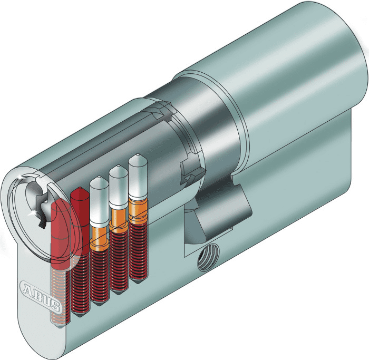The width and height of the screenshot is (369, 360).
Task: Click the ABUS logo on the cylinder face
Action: click(x=41, y=296)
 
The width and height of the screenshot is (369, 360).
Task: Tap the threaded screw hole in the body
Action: click(x=208, y=257)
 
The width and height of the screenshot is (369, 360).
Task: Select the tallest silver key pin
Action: click(x=138, y=177)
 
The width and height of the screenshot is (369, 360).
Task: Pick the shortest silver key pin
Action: click(x=99, y=202)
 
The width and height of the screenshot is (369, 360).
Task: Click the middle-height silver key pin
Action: click(x=119, y=188)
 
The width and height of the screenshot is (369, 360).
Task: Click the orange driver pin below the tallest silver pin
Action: click(x=138, y=210)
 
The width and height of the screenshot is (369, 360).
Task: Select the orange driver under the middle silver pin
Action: click(x=119, y=221)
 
